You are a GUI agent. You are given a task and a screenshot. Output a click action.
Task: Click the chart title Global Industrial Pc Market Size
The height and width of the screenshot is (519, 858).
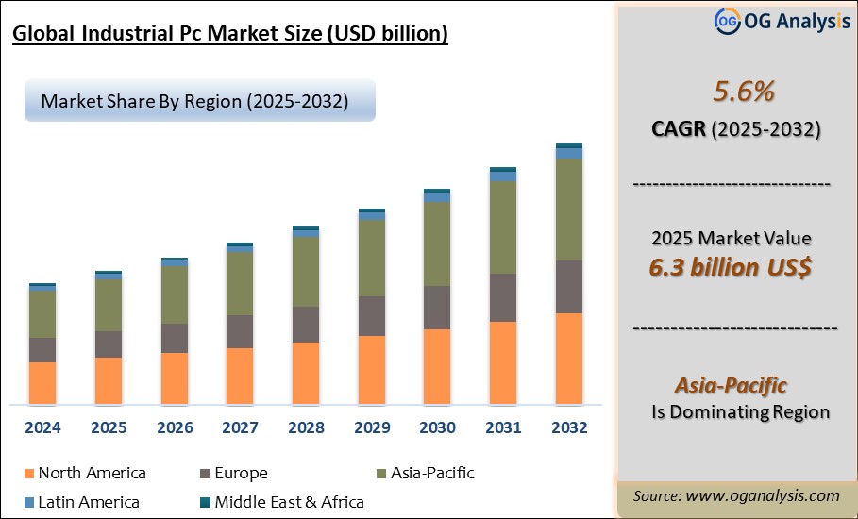[x=229, y=35]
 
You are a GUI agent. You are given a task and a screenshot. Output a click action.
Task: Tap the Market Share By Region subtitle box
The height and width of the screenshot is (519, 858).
[x=199, y=101]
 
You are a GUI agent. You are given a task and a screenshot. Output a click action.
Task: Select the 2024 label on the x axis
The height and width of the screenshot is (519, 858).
[x=42, y=427]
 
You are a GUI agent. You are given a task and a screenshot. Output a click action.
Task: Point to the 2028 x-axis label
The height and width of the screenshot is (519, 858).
[x=306, y=427]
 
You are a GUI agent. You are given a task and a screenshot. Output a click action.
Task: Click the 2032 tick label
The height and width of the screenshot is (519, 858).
[x=568, y=427]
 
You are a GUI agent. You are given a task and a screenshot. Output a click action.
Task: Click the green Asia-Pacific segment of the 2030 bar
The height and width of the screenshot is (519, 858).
[x=437, y=243]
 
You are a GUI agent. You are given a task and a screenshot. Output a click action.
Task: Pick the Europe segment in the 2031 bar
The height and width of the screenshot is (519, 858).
[x=503, y=297]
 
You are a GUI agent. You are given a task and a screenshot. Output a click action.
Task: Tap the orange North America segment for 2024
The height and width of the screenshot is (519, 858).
[x=42, y=383]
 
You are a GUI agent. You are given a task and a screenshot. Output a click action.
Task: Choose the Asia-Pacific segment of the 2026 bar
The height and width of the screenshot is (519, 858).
[x=175, y=294]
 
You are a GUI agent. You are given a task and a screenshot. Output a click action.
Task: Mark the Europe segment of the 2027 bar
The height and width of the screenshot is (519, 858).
[x=240, y=331]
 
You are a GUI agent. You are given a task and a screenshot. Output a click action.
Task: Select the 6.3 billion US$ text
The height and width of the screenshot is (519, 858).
[x=731, y=267]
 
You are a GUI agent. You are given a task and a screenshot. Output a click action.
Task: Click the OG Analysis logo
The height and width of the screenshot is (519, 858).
[x=768, y=21]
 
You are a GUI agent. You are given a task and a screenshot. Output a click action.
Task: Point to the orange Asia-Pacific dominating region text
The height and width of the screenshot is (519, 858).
[x=731, y=385]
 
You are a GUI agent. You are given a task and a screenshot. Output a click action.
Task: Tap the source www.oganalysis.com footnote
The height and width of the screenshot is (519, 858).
[x=736, y=495]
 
